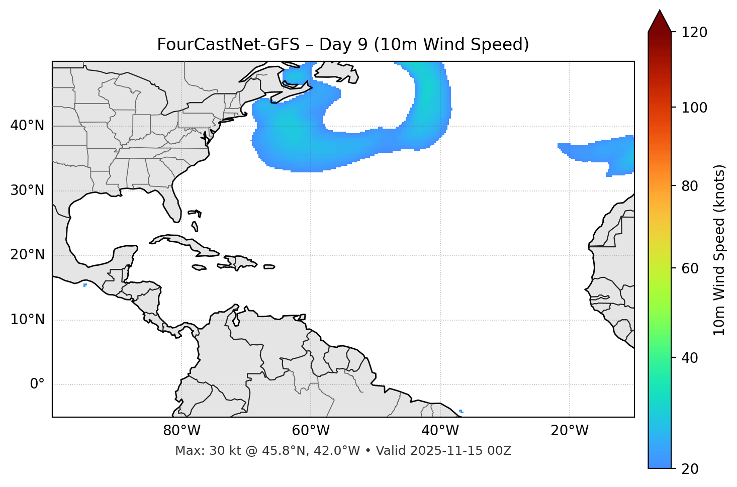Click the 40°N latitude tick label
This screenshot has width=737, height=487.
(27, 126)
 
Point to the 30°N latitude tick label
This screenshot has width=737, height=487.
(27, 190)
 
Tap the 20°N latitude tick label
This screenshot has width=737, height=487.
(27, 255)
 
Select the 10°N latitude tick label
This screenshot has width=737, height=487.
(27, 320)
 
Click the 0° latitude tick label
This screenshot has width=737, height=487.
(37, 384)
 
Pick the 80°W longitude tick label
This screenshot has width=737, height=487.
(181, 431)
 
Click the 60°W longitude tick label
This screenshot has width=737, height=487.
(311, 431)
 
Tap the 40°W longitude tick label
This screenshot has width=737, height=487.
(440, 431)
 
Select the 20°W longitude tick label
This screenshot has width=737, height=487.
(570, 431)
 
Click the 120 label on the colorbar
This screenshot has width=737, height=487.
(694, 33)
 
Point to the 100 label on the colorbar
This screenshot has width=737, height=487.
(694, 108)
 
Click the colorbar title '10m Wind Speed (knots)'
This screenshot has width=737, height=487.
(719, 250)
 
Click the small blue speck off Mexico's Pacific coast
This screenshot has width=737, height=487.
(85, 285)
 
